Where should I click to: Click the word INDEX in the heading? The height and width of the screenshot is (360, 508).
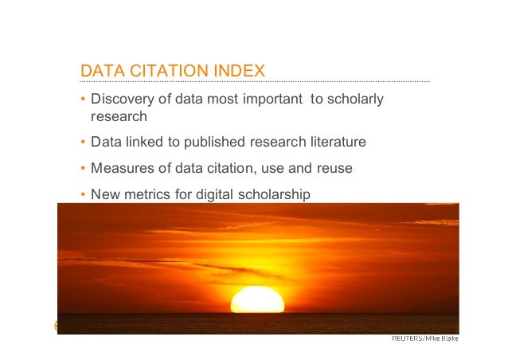(x=236, y=72)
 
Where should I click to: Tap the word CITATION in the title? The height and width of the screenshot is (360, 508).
(x=163, y=72)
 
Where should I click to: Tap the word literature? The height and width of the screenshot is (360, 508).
(x=333, y=143)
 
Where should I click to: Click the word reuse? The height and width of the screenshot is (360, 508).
(x=334, y=169)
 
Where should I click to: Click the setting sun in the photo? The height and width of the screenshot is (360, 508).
(x=257, y=300)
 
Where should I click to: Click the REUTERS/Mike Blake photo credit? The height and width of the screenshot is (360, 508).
(x=424, y=338)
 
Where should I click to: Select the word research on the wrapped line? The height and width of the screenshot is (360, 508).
(x=119, y=117)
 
